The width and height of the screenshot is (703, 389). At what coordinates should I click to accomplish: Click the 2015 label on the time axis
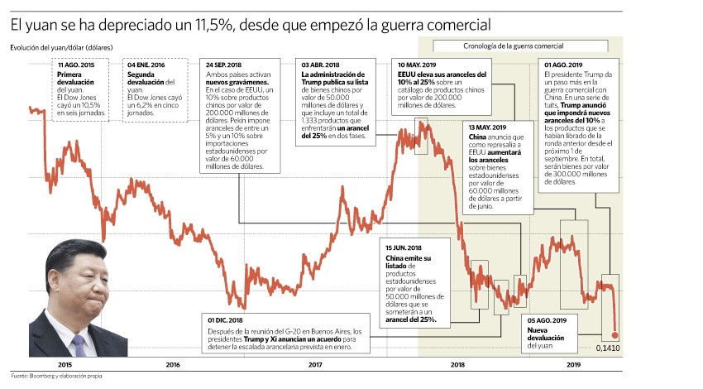65,364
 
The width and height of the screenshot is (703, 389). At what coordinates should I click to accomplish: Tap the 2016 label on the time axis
173,364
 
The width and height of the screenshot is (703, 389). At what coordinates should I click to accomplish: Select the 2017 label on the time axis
314,364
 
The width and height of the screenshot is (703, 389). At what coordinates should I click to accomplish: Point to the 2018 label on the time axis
456,364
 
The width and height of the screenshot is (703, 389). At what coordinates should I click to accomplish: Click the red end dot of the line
615,335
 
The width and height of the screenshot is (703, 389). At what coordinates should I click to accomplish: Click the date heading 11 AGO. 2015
75,65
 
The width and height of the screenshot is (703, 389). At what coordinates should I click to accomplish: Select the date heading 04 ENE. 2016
146,65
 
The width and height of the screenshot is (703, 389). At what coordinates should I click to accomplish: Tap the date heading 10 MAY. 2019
417,65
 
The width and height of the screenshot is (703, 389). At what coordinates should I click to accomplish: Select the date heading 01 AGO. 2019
562,65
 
